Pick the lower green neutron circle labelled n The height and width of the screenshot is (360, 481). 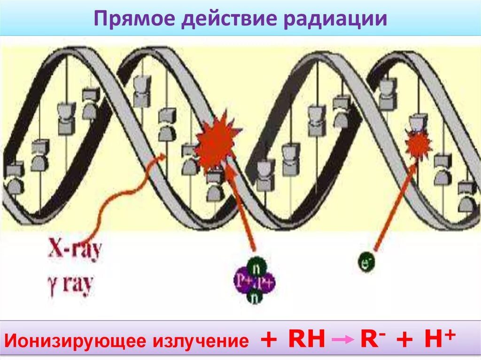254,298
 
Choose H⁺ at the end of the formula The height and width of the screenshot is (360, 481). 440,338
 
